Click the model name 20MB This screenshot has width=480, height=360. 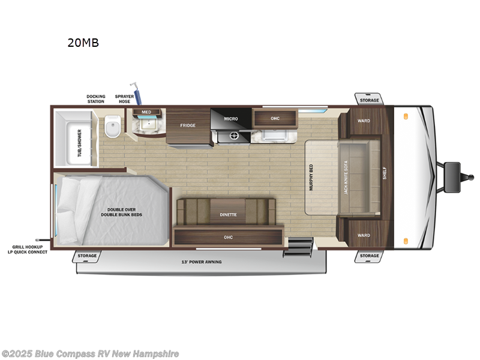tap(83, 43)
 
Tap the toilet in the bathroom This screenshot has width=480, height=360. tap(112, 127)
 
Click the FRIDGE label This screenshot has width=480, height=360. tap(188, 125)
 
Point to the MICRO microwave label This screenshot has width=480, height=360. tap(231, 119)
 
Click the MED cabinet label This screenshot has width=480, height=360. tap(146, 112)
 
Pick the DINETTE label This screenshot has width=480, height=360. tap(228, 214)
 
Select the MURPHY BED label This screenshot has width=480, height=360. tap(311, 177)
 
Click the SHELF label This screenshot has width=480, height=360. tap(385, 174)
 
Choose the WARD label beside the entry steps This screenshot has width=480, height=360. tap(364, 235)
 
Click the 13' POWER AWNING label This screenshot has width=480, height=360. tap(202, 262)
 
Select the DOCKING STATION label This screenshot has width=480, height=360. tap(95, 99)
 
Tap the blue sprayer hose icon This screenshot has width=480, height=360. tap(137, 95)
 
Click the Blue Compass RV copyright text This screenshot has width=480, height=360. tap(90, 354)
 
